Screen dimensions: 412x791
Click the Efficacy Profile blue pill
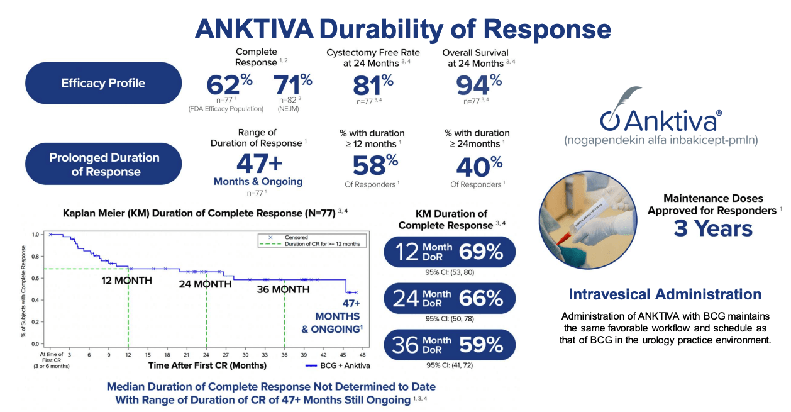coord(103,83)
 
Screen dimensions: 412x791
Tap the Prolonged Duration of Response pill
coord(104,164)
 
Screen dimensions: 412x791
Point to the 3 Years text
coord(712,228)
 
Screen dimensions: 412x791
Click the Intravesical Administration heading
coord(665,294)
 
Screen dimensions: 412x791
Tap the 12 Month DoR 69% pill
coord(450,252)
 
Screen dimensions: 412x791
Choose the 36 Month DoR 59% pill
coord(450,344)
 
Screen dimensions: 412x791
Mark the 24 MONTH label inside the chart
coord(204,284)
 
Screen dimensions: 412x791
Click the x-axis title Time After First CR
coord(207,365)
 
